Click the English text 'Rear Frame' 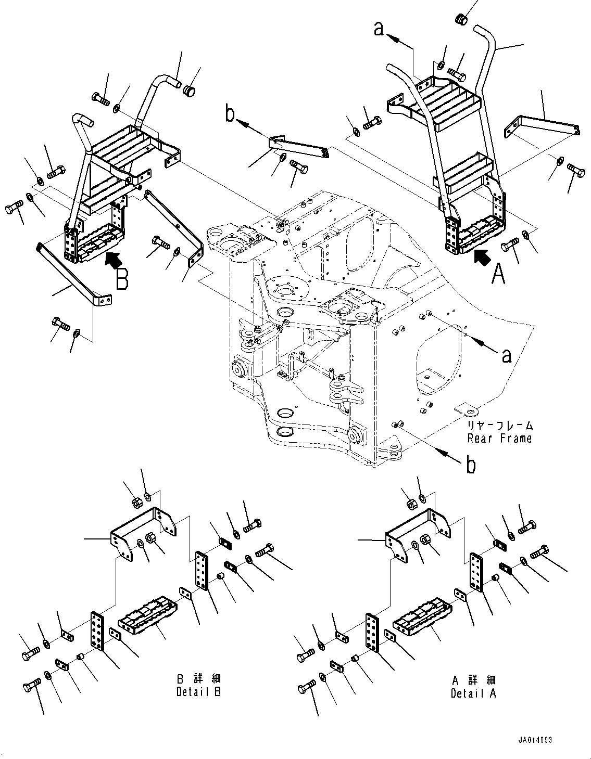tap(499, 438)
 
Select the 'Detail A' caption tap(473, 693)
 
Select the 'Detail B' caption tap(198, 693)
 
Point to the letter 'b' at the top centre tap(230, 114)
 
